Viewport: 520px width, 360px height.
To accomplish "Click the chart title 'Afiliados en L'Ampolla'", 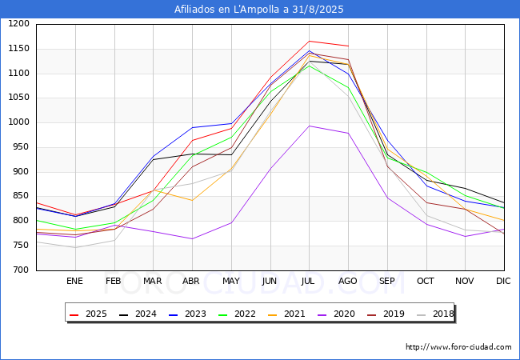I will pos(259,10).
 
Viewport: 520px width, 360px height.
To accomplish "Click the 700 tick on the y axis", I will pos(21,270).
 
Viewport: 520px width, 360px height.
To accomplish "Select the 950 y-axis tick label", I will pos(21,147).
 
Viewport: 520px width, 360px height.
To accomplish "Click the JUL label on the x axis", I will pos(309,281).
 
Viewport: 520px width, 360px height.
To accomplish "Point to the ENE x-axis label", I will pos(74,281).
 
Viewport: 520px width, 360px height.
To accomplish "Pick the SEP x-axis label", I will pos(387,281).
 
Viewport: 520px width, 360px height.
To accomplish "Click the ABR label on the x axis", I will pos(191,281).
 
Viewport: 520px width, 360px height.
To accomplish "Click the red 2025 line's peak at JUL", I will pos(309,41).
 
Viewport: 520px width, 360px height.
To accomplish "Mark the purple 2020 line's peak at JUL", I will pos(309,126).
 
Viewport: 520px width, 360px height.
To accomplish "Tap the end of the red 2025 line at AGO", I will pos(348,46).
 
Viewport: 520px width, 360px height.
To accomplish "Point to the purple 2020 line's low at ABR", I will pos(192,238).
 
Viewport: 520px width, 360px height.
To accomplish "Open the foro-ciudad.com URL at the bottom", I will pos(458,347).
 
